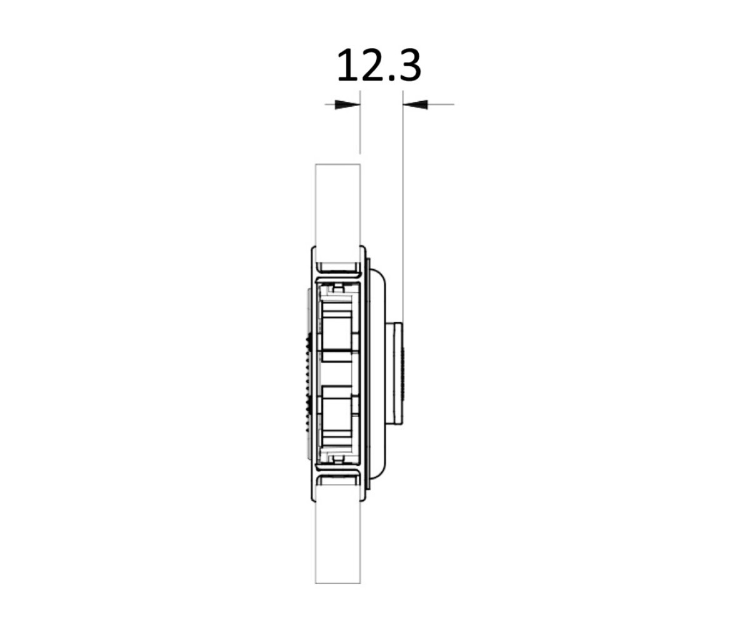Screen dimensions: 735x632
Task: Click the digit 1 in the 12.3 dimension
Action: click(347, 65)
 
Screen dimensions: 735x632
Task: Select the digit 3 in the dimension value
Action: click(409, 66)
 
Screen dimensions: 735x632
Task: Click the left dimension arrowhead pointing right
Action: click(347, 104)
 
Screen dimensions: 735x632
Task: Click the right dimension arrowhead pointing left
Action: click(415, 104)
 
